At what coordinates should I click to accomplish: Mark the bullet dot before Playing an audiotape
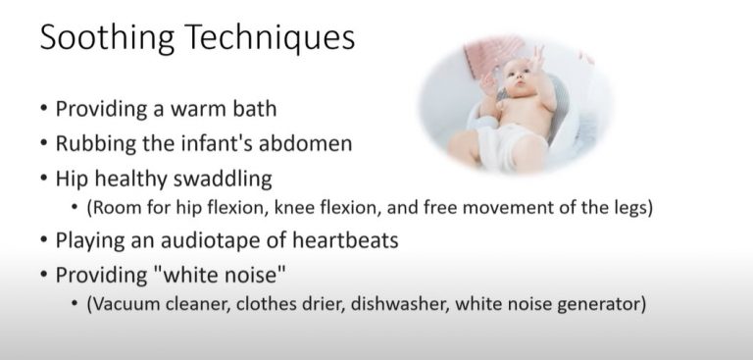44,241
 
